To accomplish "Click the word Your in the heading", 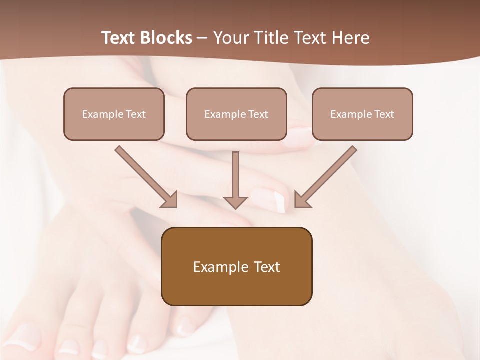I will (229, 38).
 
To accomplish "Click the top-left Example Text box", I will (114, 114).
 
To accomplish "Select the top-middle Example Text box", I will (236, 114).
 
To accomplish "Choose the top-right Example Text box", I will (362, 114).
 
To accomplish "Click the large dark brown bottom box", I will (236, 266).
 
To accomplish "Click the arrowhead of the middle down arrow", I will (235, 202).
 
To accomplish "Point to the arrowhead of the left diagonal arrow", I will (170, 200).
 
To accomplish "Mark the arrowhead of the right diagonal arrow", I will (301, 200).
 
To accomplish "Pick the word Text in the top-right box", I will (384, 114).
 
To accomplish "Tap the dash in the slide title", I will (202, 38).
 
